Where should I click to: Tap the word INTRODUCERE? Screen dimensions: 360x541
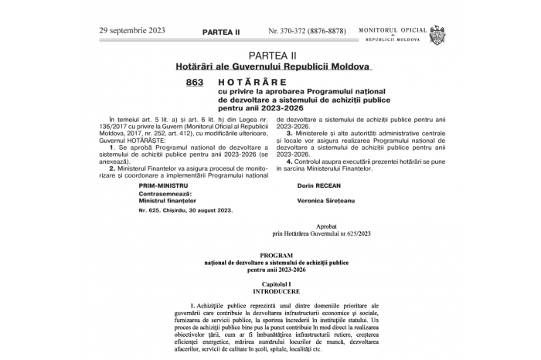click(277, 292)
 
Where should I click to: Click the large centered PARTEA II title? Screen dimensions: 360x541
click(273, 56)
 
